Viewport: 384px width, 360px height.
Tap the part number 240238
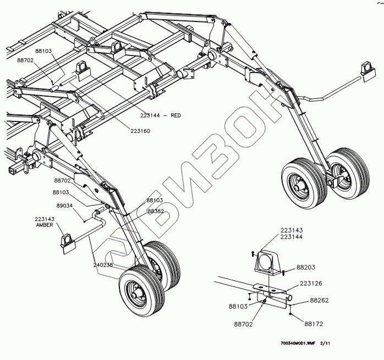(103, 264)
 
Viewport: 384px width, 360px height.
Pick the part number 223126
(311, 284)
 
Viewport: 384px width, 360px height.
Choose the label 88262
(319, 300)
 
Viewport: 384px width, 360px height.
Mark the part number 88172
(315, 324)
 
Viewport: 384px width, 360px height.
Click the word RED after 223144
(175, 115)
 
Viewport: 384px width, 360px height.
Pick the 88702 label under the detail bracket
(242, 325)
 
